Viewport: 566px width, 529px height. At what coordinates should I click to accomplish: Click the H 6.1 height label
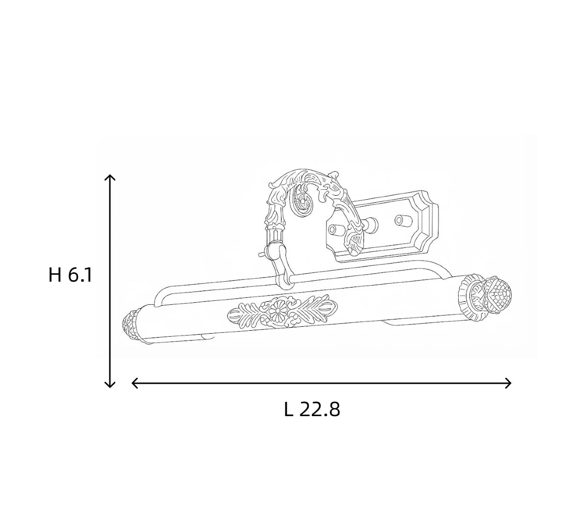point(71,275)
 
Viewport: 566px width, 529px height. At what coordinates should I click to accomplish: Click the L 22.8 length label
point(312,410)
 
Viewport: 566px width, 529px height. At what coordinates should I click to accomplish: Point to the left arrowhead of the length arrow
point(134,383)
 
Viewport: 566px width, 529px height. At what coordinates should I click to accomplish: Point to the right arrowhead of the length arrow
point(508,383)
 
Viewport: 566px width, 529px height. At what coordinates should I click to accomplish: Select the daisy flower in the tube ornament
point(278,310)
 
